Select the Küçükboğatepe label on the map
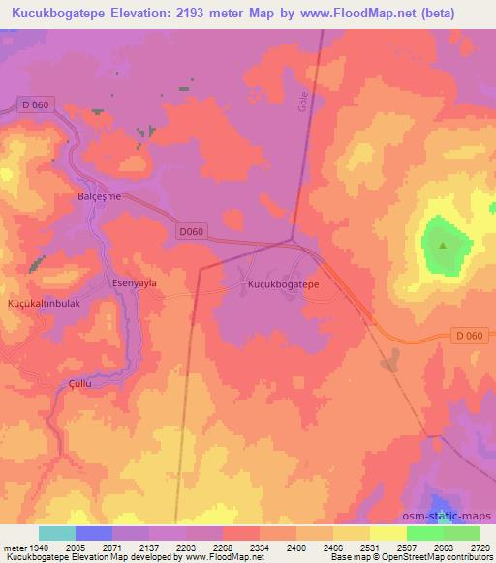tap(284, 286)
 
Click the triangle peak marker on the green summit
tap(444, 245)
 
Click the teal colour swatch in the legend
tap(57, 533)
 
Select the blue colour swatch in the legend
tap(93, 533)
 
